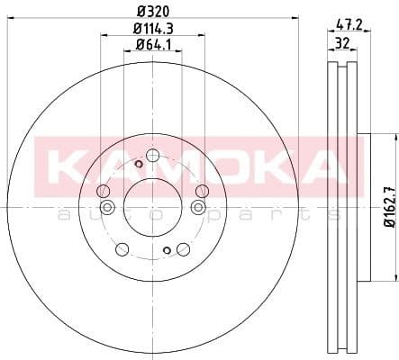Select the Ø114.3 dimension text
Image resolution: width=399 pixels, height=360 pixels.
[x=151, y=29]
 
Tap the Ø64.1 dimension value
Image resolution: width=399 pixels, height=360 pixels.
[x=151, y=45]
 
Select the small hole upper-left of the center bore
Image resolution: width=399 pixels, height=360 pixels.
[x=138, y=164]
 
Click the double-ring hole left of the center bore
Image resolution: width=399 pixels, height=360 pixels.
[x=107, y=208]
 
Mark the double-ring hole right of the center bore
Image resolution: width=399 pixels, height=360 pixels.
[x=197, y=208]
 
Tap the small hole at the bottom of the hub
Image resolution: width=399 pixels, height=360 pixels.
[x=166, y=250]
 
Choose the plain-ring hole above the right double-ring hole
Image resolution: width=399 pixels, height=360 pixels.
[x=202, y=190]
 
